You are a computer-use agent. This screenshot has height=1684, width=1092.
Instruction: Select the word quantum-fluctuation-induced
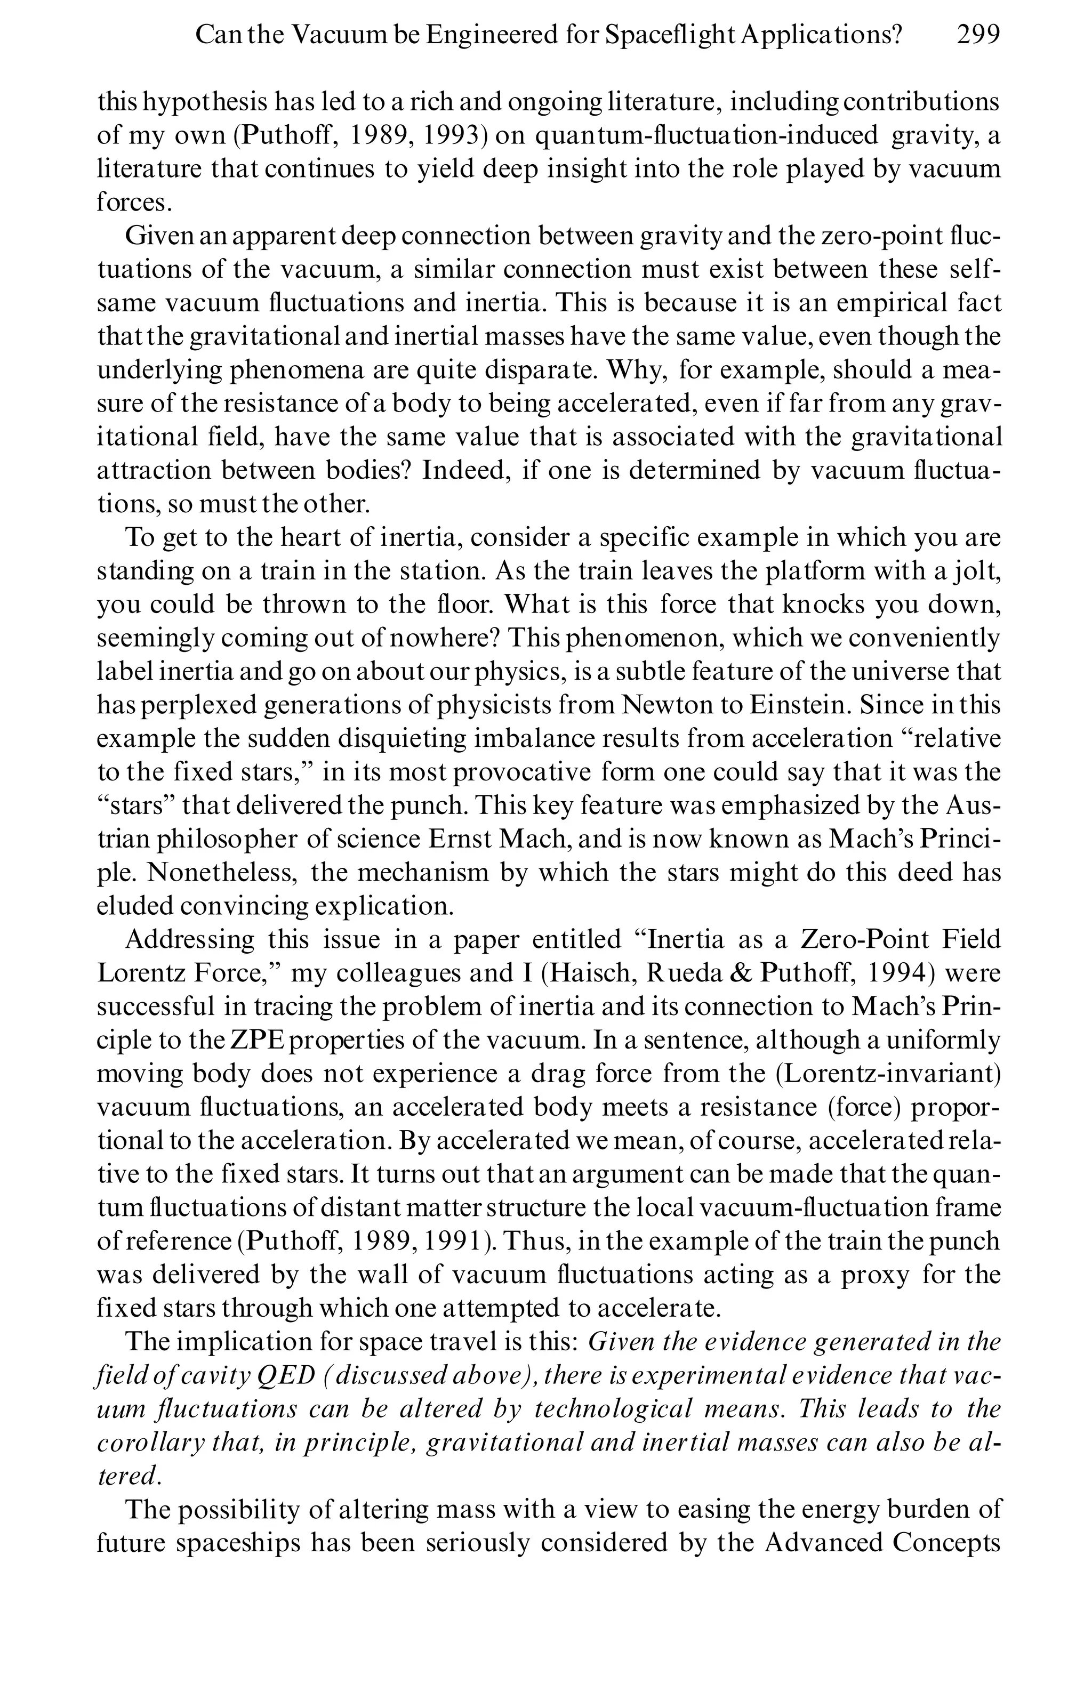705,135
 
